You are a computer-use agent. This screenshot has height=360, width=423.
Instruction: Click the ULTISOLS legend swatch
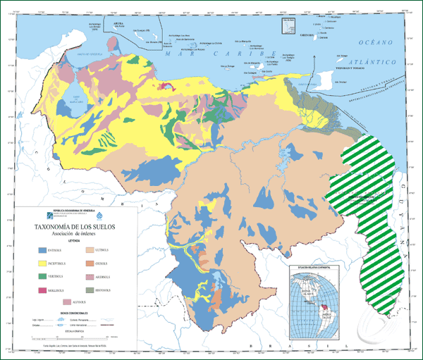click(90, 249)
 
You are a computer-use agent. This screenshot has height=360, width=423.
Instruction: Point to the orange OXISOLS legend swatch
click(90, 263)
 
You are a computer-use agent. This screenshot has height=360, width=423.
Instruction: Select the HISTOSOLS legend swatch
click(90, 289)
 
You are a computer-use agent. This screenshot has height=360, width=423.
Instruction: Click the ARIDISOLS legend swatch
click(90, 275)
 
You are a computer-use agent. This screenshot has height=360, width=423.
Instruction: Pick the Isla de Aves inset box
click(288, 25)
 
